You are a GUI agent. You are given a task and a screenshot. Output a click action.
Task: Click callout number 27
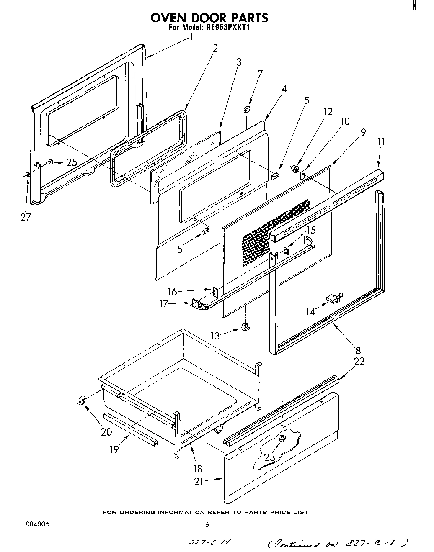tap(26, 218)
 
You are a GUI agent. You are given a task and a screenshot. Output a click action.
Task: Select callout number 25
tap(72, 162)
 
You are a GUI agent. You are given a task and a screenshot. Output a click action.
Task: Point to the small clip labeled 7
tap(247, 110)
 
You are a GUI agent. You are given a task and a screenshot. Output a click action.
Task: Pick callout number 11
tap(380, 141)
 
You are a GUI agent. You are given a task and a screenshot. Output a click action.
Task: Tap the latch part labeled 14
tap(334, 298)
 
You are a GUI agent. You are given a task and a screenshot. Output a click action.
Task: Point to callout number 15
tap(310, 230)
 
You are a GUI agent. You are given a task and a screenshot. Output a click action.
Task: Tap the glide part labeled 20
tap(82, 400)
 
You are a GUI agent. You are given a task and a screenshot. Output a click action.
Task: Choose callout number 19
tap(114, 449)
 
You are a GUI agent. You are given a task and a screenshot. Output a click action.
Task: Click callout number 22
tap(359, 361)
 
